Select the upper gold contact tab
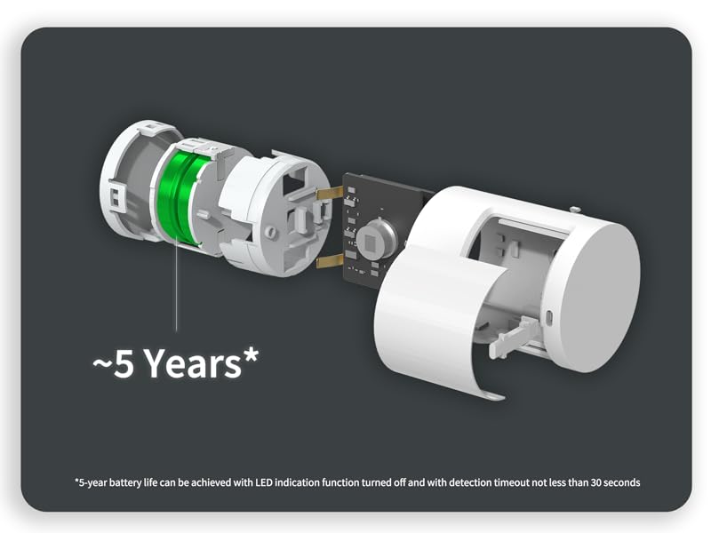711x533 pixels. pos(330,193)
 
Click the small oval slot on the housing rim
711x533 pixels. pos(549,317)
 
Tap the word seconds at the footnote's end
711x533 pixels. pos(617,482)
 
